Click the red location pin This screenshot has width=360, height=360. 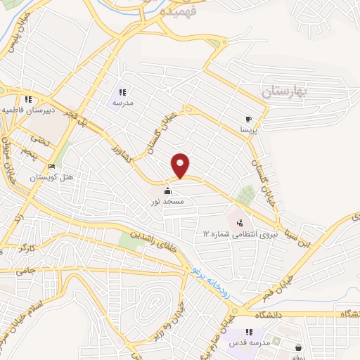(x=181, y=165)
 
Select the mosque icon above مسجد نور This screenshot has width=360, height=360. (x=168, y=191)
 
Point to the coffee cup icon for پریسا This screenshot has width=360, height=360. (x=248, y=120)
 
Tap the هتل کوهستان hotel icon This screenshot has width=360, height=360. (x=51, y=167)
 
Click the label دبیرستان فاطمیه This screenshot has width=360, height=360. (x=27, y=110)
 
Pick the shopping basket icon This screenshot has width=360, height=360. (x=299, y=347)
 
